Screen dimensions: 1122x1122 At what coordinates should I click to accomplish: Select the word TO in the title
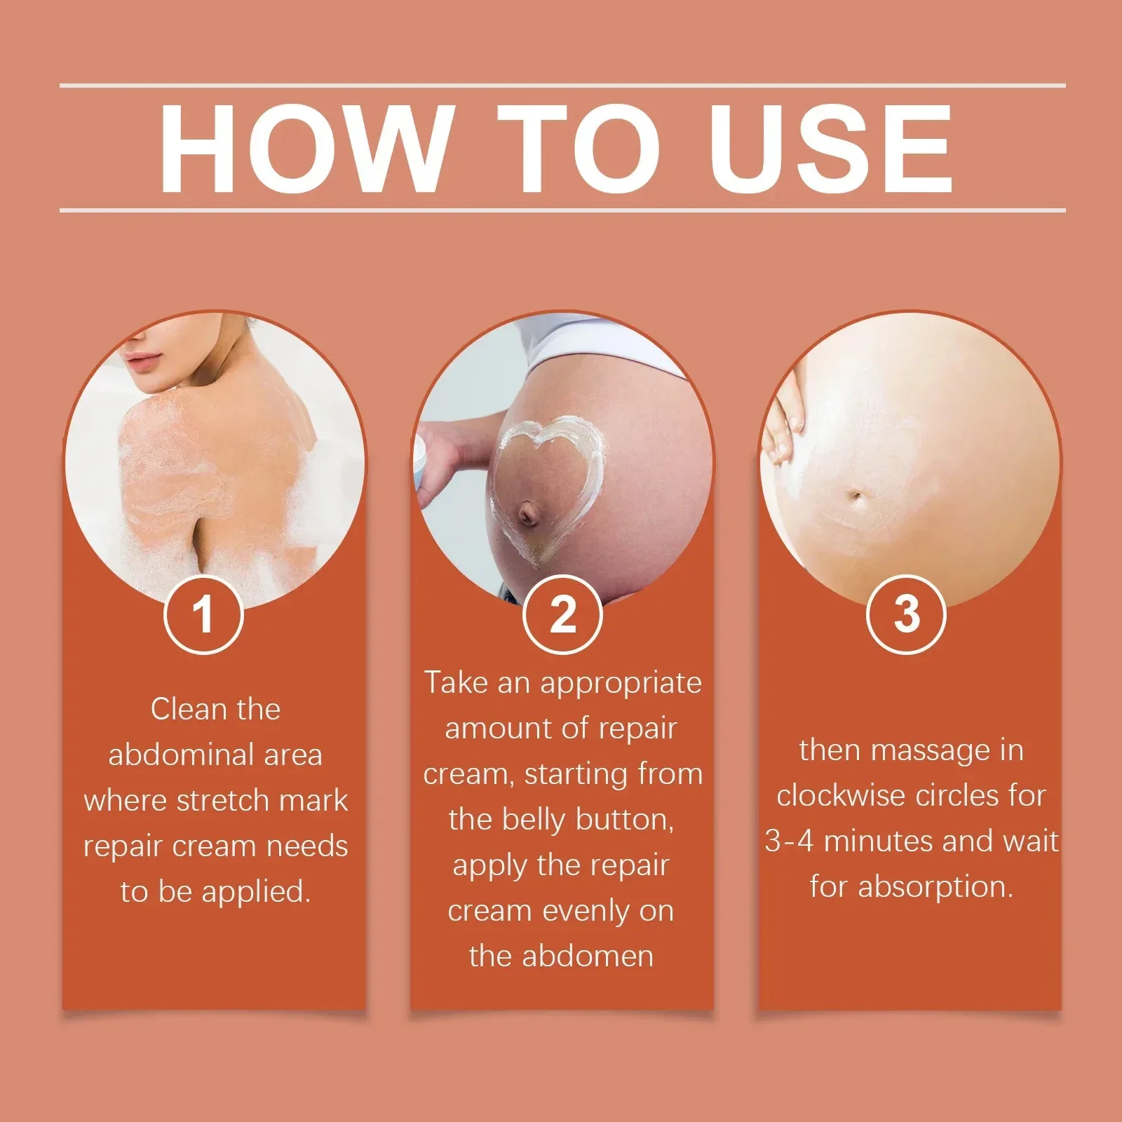pyautogui.click(x=579, y=148)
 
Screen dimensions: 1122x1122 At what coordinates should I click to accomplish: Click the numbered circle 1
pyautogui.click(x=203, y=614)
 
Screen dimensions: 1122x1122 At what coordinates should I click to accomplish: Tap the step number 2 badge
pyautogui.click(x=562, y=614)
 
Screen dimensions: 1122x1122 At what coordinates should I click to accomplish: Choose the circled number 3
pyautogui.click(x=906, y=614)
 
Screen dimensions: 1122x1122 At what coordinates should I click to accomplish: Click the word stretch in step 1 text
pyautogui.click(x=223, y=800)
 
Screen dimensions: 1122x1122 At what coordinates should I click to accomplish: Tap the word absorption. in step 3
pyautogui.click(x=936, y=887)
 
